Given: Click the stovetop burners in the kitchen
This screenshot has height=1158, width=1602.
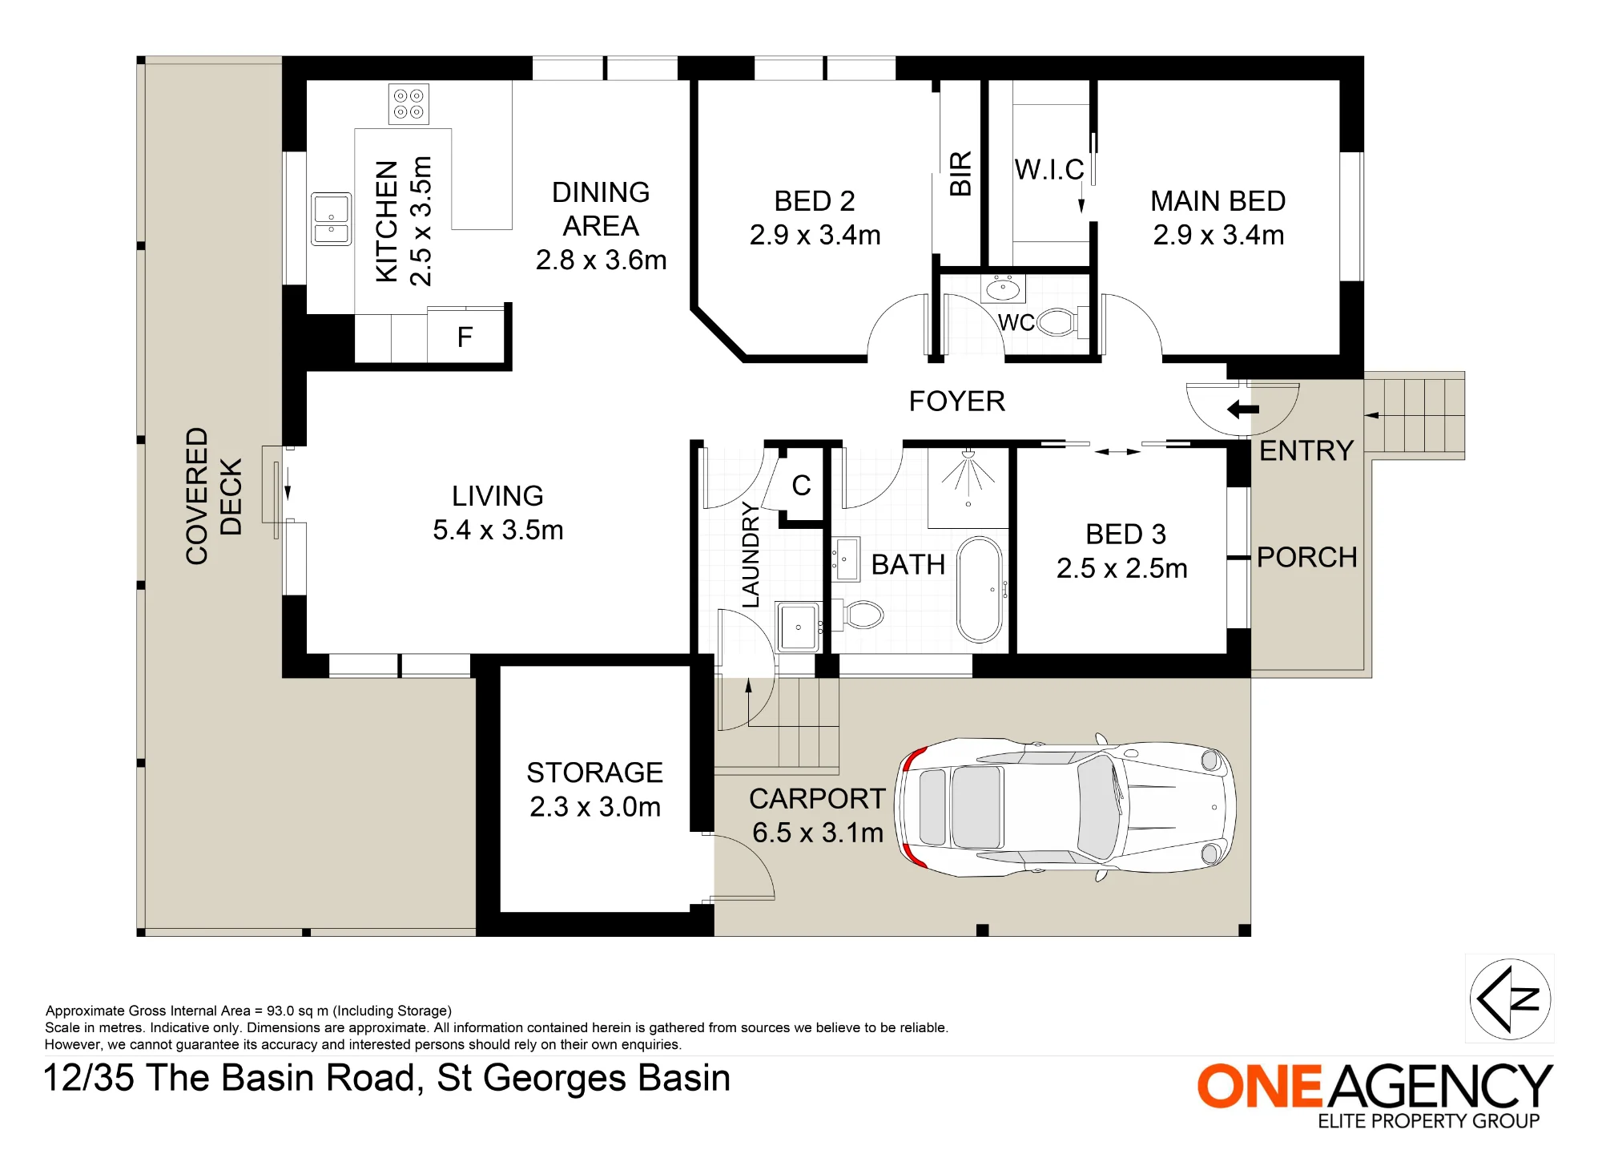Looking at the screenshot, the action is [409, 104].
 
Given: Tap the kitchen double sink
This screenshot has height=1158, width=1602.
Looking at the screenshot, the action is [331, 219].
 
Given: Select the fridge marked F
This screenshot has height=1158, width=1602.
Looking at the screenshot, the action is [465, 337].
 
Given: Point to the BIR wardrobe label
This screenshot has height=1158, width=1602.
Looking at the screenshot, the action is [960, 173].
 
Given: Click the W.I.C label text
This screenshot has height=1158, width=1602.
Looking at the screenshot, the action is [1049, 170].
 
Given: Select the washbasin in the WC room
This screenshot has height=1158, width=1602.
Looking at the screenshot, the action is [1003, 288].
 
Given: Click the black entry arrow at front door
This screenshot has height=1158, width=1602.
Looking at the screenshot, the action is [1243, 410].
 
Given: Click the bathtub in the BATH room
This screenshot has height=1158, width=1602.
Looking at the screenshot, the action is [980, 590].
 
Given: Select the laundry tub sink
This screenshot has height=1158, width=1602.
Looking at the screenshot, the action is [798, 627].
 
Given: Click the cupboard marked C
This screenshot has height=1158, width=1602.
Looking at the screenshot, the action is [801, 486].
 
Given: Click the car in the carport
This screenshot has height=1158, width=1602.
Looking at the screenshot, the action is [1066, 806].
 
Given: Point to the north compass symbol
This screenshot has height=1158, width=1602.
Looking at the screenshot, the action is [1510, 999].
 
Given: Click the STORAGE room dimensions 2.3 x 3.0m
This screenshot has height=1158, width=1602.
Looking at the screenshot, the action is [595, 807].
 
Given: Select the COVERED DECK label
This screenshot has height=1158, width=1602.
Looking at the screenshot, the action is [214, 496].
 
